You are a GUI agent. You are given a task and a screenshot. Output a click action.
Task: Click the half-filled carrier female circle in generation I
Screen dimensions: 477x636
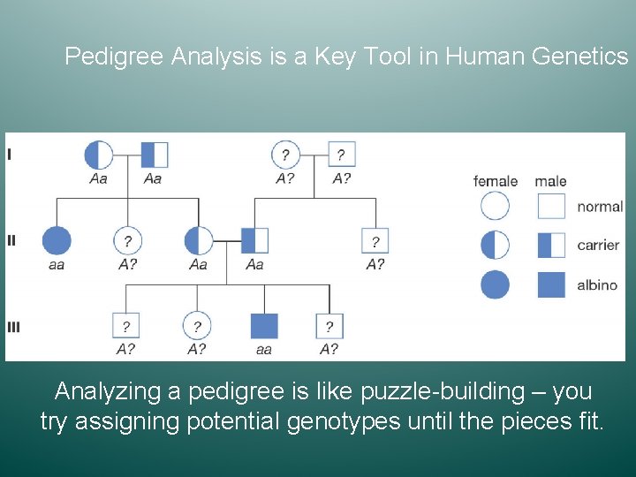(99, 155)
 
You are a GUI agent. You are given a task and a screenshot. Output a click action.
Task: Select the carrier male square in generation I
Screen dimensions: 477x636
(154, 155)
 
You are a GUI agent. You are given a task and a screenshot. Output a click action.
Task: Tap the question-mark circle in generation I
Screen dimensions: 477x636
(285, 155)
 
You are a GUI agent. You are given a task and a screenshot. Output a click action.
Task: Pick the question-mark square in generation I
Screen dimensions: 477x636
(341, 155)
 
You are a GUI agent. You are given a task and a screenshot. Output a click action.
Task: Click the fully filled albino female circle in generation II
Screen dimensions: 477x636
(57, 240)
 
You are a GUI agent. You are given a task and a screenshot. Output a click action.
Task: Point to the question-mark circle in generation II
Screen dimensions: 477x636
(128, 240)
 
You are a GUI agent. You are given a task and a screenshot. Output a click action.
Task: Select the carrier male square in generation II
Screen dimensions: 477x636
(254, 240)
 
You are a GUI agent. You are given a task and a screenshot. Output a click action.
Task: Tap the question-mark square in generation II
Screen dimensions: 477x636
(375, 240)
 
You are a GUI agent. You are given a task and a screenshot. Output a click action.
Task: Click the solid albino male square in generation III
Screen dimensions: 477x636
(263, 326)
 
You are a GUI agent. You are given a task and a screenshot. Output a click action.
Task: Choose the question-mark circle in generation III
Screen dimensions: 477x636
(196, 326)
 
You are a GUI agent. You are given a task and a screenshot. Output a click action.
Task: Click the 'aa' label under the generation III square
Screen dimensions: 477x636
(263, 349)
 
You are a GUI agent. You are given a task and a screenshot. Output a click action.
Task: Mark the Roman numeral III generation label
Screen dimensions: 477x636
(13, 327)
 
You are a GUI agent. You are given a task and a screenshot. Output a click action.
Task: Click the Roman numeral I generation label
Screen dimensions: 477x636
(10, 155)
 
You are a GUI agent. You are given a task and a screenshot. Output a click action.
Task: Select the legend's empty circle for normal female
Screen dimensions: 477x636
(495, 206)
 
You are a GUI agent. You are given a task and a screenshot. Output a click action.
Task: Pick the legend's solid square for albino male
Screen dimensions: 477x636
(551, 284)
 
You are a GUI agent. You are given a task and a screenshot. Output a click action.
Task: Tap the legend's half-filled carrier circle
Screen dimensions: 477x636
(495, 245)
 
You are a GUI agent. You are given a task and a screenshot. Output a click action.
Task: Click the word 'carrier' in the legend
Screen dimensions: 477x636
(598, 245)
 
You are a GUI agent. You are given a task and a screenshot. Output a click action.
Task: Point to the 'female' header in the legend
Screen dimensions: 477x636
(496, 181)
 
